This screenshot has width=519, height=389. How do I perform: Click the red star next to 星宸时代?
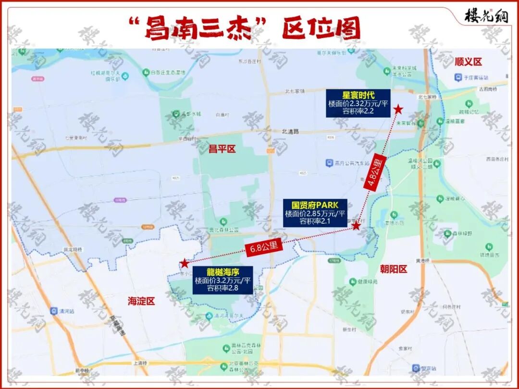pyautogui.click(x=398, y=109)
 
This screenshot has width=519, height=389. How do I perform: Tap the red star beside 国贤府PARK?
pyautogui.click(x=356, y=226)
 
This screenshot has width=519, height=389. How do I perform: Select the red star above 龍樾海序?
pyautogui.click(x=184, y=263)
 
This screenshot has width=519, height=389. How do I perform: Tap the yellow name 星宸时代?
pyautogui.click(x=358, y=95)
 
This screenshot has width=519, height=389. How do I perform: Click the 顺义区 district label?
pyautogui.click(x=468, y=61)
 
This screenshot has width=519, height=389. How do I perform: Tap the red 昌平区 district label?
pyautogui.click(x=222, y=149)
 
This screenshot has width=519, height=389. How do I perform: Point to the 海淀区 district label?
pyautogui.click(x=141, y=302)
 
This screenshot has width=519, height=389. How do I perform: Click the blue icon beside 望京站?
pyautogui.click(x=416, y=368)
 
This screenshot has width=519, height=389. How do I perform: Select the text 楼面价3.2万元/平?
pyautogui.click(x=222, y=280)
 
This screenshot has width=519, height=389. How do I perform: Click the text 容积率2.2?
pyautogui.click(x=358, y=111)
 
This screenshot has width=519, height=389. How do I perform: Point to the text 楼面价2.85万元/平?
pyautogui.click(x=315, y=214)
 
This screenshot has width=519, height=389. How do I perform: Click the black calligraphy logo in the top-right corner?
pyautogui.click(x=486, y=16)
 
